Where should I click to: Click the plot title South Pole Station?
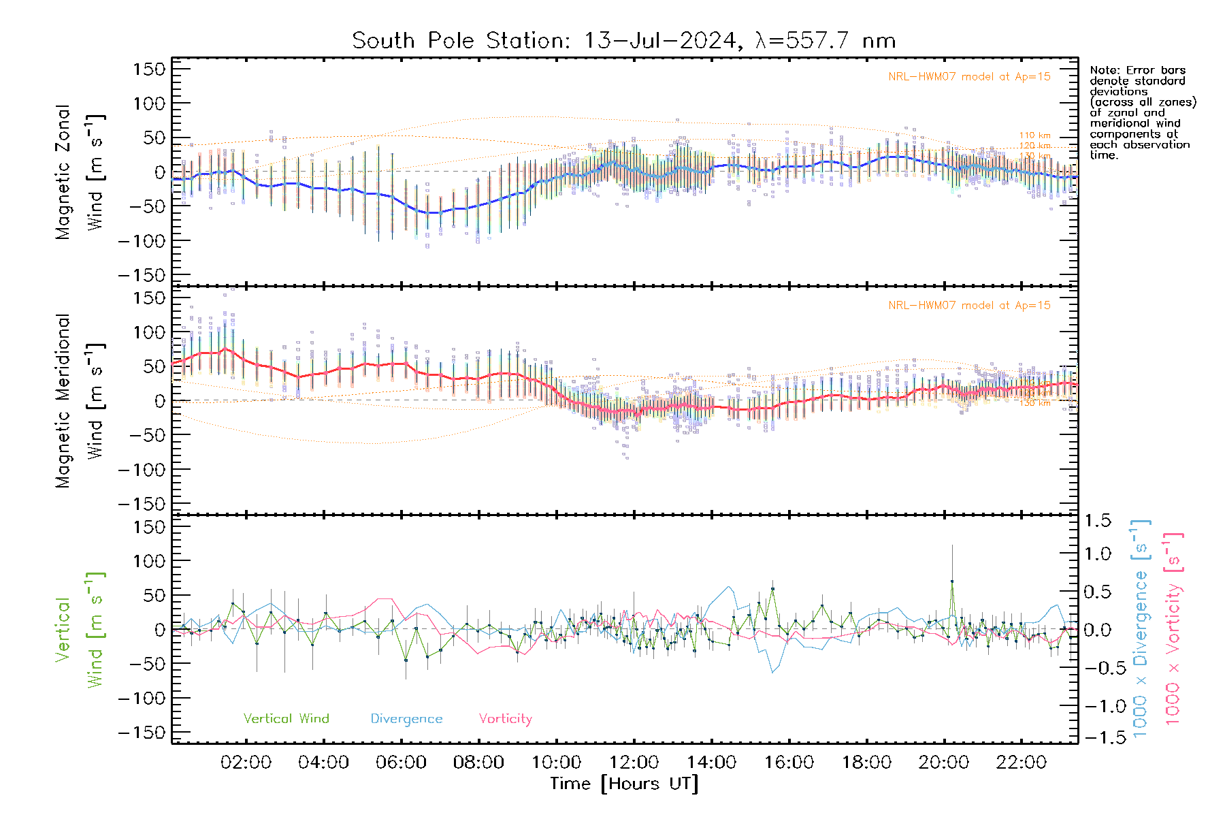[623, 40]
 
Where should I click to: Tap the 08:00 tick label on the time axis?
[478, 763]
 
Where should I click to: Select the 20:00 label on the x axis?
[944, 763]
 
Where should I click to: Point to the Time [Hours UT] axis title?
[624, 784]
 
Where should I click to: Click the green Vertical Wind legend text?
[286, 718]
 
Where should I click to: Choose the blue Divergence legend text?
[406, 719]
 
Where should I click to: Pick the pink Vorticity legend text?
[505, 718]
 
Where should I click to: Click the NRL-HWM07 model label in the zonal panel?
[969, 77]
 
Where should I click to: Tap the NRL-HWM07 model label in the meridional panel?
[969, 306]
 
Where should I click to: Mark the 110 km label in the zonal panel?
[1034, 135]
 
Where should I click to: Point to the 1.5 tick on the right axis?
[1097, 521]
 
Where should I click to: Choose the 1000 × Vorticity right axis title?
[1174, 628]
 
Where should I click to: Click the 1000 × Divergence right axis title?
[1141, 628]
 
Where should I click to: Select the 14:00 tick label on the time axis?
[711, 763]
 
